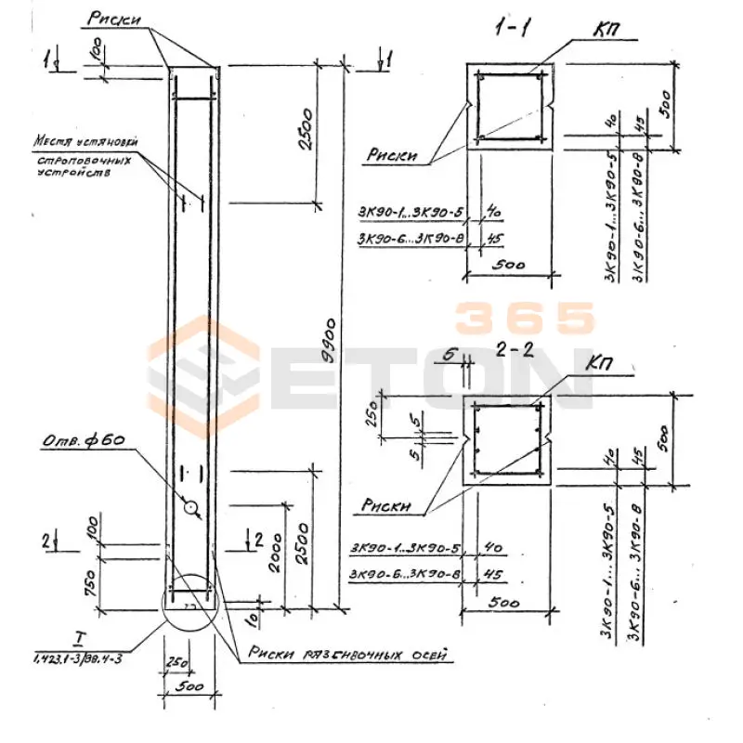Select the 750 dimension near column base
(x=87, y=581)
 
